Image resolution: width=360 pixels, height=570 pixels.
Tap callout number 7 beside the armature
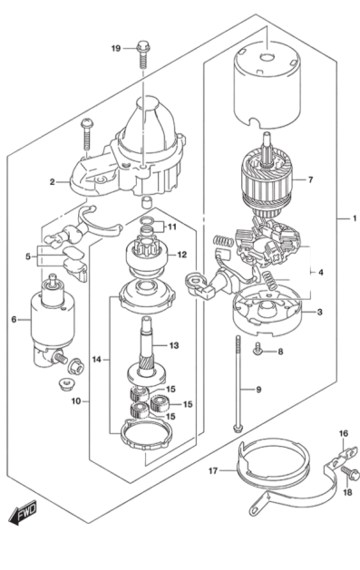[x=309, y=179]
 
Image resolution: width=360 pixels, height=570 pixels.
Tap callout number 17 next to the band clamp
[x=212, y=471]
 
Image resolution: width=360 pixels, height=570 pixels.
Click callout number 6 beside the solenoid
[x=13, y=319]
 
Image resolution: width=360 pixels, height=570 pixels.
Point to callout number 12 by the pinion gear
[x=181, y=255]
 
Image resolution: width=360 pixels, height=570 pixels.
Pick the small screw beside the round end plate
[x=258, y=349]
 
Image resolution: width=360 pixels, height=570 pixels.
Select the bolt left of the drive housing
[x=87, y=133]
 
